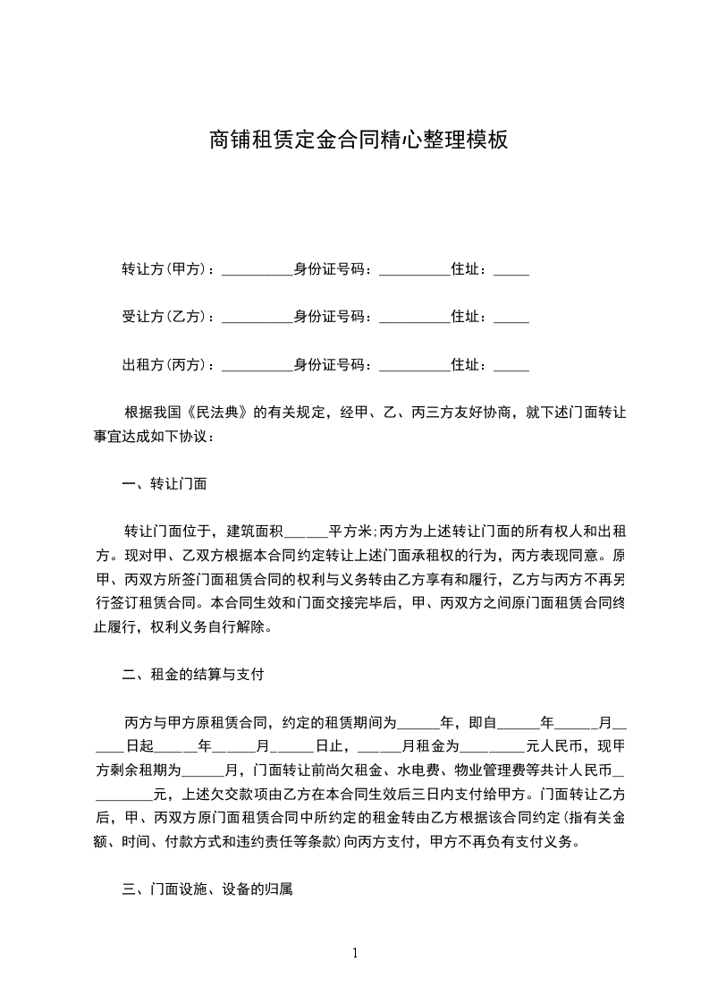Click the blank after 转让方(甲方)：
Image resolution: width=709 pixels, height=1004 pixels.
(x=257, y=270)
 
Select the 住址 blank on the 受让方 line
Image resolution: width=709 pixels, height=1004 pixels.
(x=511, y=319)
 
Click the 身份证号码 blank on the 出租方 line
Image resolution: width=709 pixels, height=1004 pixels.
(x=415, y=367)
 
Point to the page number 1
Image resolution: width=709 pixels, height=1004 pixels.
(x=355, y=953)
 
